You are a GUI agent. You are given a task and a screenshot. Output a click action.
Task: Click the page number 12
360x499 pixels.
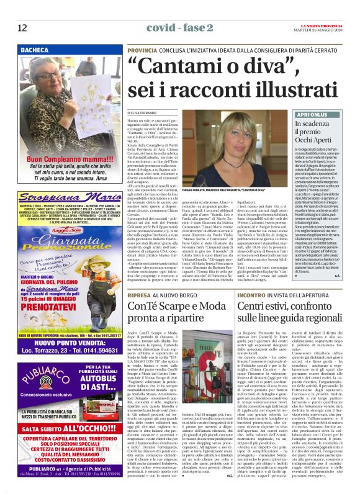[x=22, y=28]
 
